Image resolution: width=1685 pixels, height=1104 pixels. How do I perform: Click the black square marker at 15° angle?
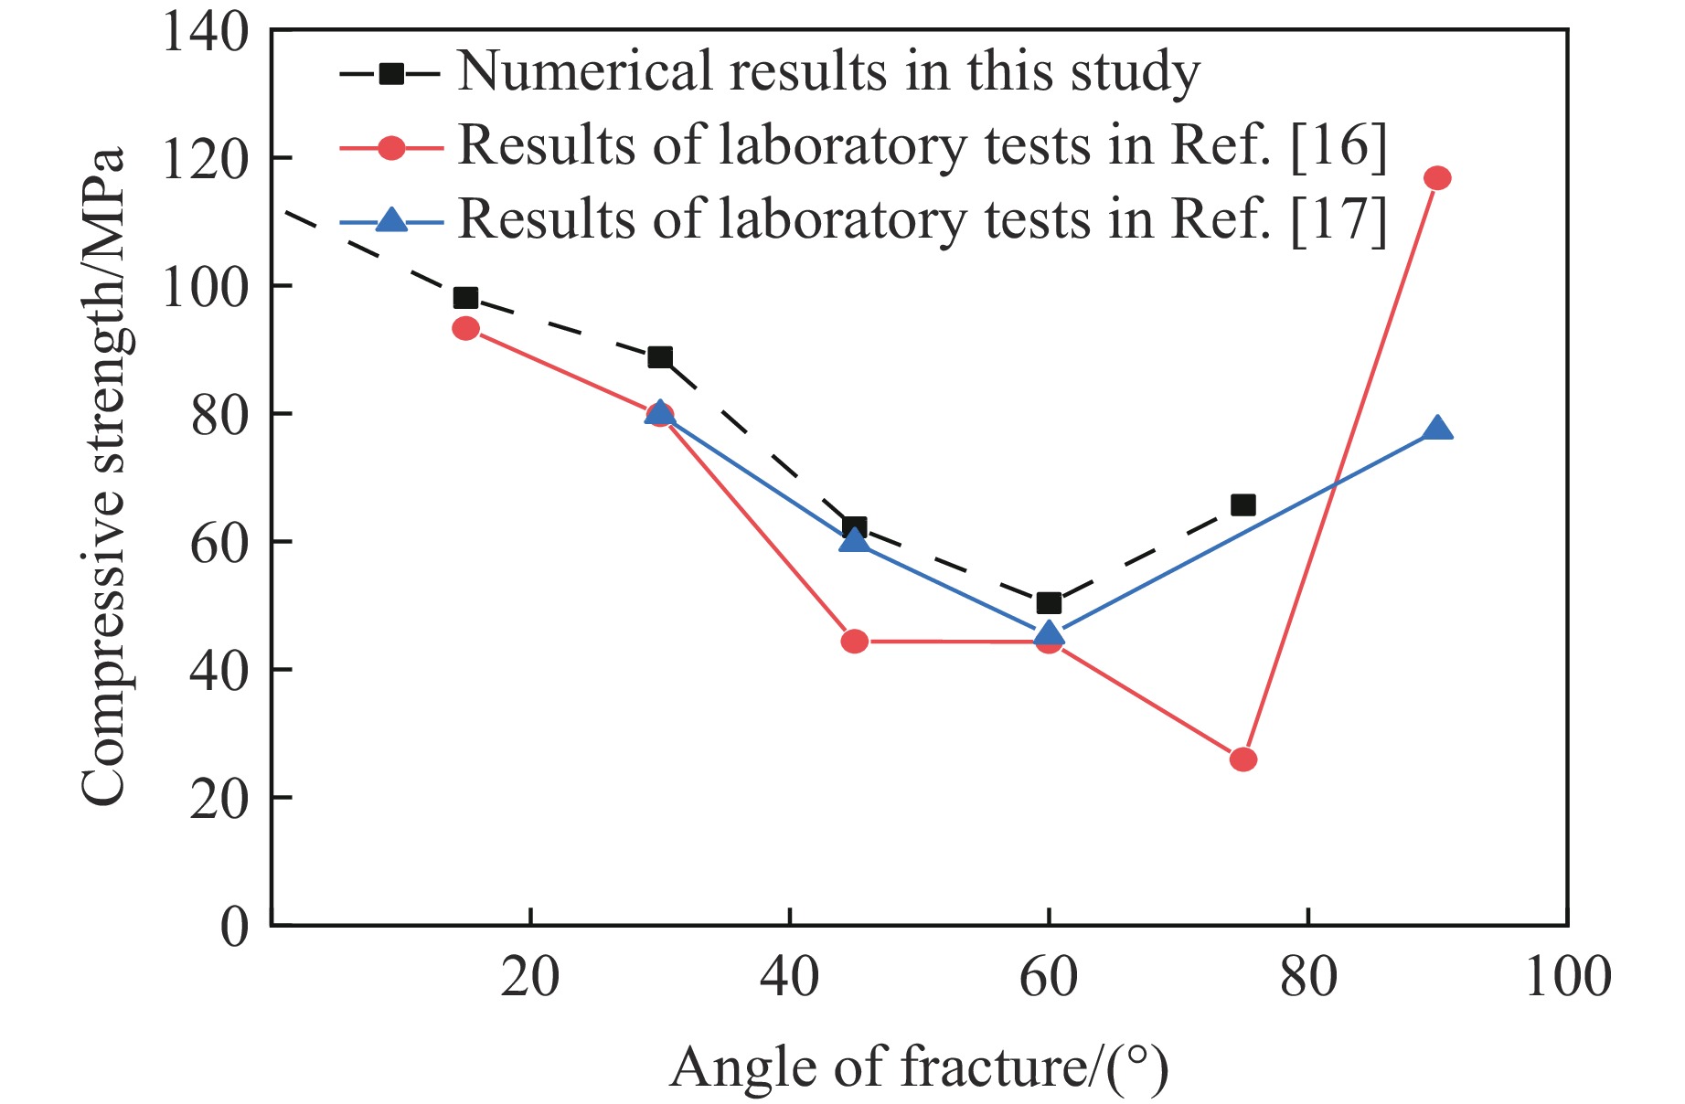(465, 298)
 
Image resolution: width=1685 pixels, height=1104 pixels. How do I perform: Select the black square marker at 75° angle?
(1242, 504)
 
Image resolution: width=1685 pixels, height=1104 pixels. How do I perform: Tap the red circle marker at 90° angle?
(1437, 178)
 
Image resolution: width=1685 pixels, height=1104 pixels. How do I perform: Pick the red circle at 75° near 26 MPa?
(1242, 759)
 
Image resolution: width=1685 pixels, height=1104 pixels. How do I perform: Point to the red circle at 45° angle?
(854, 642)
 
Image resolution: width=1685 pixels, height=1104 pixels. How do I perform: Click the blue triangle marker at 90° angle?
(1437, 429)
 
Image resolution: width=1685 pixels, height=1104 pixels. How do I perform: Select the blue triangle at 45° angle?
(854, 540)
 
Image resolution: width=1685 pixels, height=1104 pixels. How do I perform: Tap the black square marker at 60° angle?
(1049, 602)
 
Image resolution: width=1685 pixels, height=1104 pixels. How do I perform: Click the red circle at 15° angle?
(465, 328)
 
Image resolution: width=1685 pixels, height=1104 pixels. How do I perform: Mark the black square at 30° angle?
(659, 356)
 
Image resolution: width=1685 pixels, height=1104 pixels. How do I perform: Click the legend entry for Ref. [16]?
(922, 146)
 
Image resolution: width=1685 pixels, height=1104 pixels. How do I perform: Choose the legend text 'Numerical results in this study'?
(828, 71)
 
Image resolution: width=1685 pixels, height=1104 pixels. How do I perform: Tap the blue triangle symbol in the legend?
(391, 220)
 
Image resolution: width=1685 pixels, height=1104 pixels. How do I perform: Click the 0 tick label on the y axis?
(234, 927)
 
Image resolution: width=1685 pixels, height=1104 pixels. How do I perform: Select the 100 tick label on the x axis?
(1567, 977)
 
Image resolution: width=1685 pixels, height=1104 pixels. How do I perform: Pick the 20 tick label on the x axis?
(529, 977)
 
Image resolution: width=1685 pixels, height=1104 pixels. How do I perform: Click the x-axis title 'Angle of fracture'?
(919, 1067)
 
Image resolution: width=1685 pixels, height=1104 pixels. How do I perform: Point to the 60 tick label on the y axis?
(219, 543)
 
